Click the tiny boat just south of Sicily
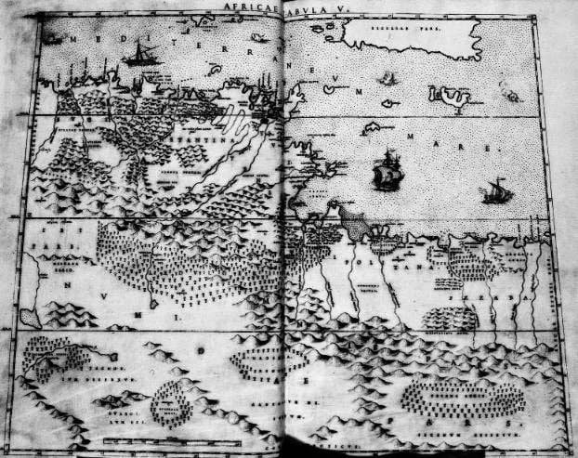pyautogui.click(x=386, y=79)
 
